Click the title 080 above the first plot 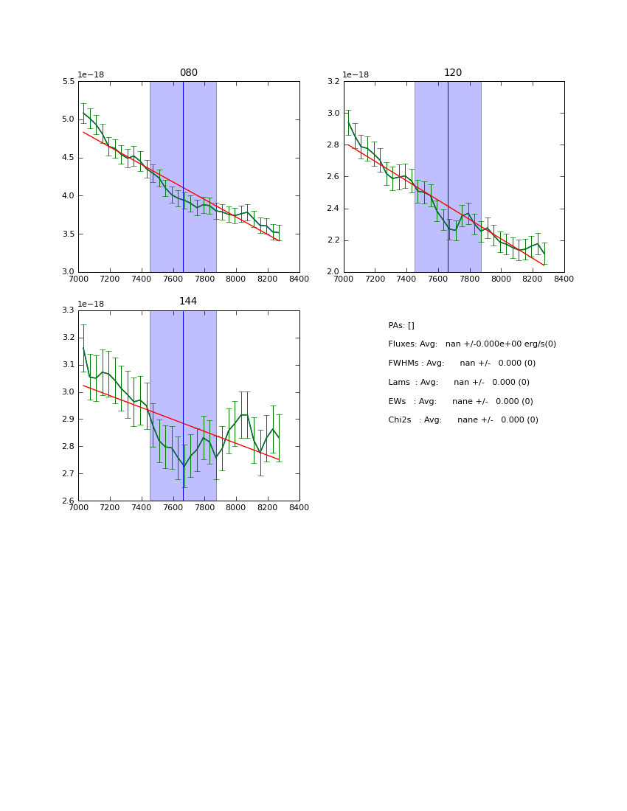(188, 73)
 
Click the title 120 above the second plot (453, 73)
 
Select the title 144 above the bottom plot (188, 302)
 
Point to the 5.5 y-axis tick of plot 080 (68, 82)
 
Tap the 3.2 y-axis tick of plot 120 (333, 82)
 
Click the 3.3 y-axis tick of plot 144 (68, 310)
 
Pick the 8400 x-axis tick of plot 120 (564, 279)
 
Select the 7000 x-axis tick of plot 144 (78, 507)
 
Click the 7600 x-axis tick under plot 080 (173, 279)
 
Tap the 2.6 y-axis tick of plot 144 (68, 501)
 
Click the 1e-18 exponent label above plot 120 (356, 74)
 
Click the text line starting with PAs (401, 326)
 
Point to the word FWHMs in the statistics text (405, 363)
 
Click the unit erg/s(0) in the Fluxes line (537, 344)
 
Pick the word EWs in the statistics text (398, 402)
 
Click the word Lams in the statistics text (400, 383)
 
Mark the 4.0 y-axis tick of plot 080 (68, 196)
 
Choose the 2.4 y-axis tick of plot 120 (333, 209)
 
